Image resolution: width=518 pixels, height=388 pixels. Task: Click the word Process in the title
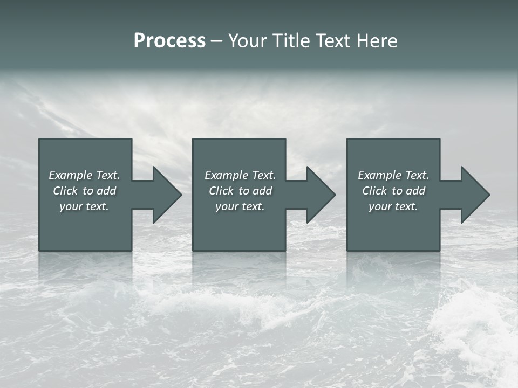tap(169, 41)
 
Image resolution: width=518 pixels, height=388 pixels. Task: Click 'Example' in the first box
tap(70, 175)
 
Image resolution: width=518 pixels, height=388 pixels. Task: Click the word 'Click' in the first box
tap(65, 191)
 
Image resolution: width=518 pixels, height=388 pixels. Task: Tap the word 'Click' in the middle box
tap(221, 191)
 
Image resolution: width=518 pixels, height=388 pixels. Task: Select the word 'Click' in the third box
tap(374, 191)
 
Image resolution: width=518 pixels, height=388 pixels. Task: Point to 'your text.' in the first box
tap(84, 206)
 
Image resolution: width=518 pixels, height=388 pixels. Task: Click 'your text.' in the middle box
tap(240, 206)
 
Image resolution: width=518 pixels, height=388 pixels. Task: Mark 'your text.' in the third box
tap(393, 206)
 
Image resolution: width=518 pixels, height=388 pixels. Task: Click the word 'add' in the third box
tap(415, 191)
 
